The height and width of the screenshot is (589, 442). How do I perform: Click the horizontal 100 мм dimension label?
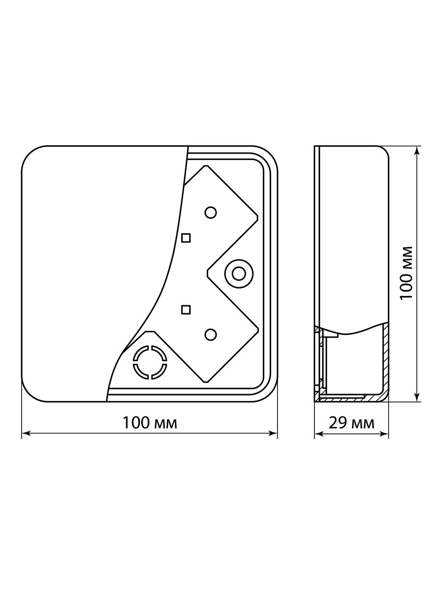click(x=150, y=423)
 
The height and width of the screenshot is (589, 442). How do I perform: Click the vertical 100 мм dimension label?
click(x=406, y=273)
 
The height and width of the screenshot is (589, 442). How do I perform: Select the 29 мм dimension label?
click(x=351, y=423)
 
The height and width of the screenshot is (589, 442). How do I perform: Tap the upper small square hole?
click(x=186, y=238)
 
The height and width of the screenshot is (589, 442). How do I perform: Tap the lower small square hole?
click(x=186, y=310)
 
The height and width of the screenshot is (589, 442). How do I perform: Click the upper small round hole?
click(x=210, y=213)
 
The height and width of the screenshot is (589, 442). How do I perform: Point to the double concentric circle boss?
click(x=239, y=274)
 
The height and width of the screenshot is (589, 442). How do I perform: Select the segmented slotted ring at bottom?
click(x=150, y=362)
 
